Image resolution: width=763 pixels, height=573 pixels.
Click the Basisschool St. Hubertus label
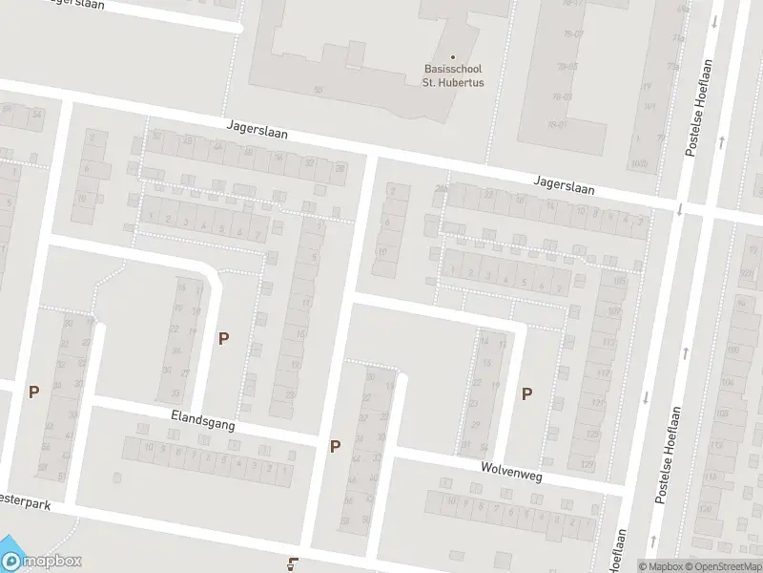point(453,75)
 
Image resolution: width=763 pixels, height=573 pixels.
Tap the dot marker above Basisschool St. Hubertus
point(453,56)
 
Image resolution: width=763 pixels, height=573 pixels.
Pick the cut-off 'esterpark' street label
point(21,500)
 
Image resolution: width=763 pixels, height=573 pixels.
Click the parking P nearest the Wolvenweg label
point(526,393)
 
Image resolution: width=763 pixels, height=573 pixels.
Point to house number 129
point(588,464)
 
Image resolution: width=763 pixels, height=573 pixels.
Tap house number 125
point(592,435)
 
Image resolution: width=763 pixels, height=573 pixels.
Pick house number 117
point(604,372)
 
